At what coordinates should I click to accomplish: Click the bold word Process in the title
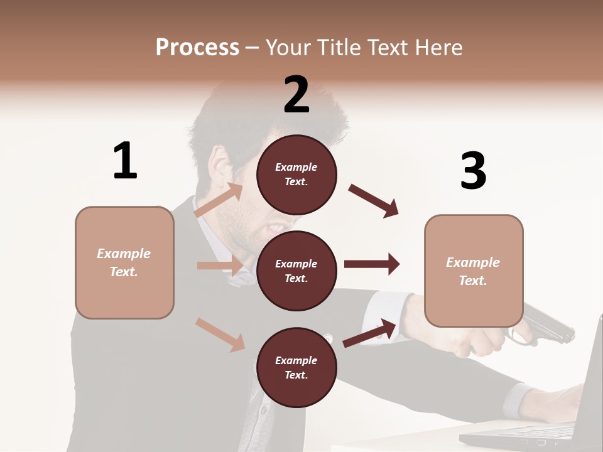[x=197, y=47]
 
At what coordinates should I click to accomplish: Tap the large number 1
[x=125, y=161]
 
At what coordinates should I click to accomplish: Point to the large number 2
[x=296, y=95]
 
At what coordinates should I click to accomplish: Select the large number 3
[x=473, y=171]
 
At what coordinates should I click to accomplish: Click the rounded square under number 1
[x=124, y=262]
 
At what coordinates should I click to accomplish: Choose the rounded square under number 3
[x=474, y=271]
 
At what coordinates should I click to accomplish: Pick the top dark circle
[x=296, y=175]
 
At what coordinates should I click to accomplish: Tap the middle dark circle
[x=296, y=271]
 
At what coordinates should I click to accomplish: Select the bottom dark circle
[x=296, y=367]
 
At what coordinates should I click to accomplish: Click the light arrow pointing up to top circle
[x=219, y=200]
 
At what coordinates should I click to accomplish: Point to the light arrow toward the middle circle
[x=220, y=266]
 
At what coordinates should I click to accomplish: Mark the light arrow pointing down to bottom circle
[x=220, y=334]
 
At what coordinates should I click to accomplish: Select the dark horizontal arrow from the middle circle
[x=372, y=264]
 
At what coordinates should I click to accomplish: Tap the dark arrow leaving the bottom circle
[x=370, y=333]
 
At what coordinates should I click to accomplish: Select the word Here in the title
[x=439, y=47]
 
